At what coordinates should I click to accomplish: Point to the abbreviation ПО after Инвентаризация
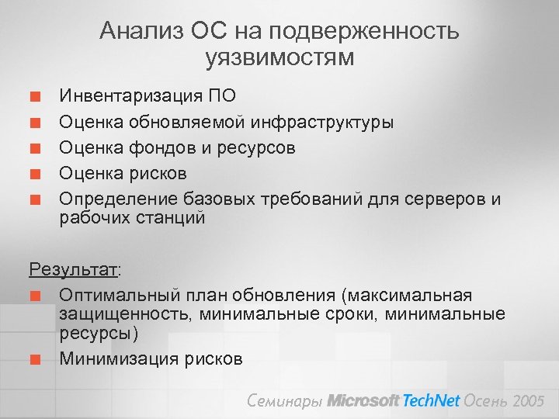[221, 96]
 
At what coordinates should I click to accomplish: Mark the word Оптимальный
[117, 296]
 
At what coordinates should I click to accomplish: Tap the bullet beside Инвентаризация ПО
[35, 97]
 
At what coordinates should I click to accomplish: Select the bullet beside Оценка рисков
[35, 173]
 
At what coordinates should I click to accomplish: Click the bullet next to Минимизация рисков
[35, 358]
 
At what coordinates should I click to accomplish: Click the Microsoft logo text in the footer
[363, 401]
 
